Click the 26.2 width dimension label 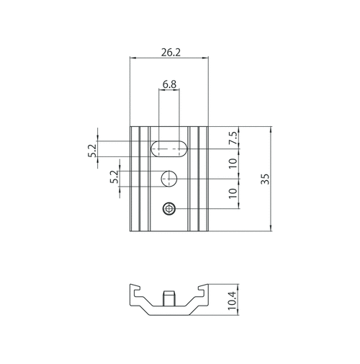tap(171, 53)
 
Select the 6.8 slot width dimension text tap(170, 84)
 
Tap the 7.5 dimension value tap(233, 139)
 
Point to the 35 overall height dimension tap(266, 179)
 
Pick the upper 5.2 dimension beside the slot tap(91, 151)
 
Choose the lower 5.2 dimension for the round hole tap(114, 177)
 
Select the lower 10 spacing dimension tap(233, 193)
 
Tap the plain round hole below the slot tap(169, 178)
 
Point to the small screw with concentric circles tap(169, 209)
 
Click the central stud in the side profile tap(169, 298)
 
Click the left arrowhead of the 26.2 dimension tap(132, 59)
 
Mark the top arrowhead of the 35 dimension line tap(271, 130)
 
